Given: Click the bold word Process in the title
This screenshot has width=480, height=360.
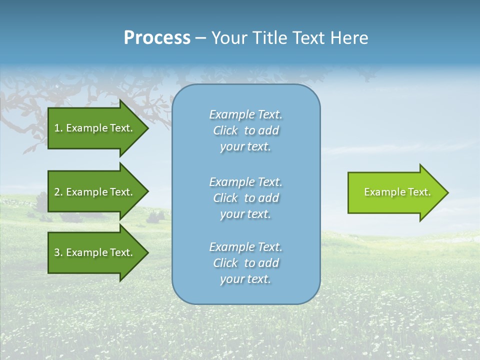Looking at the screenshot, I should pos(157,38).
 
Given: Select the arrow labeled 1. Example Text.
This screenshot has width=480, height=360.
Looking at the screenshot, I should pos(95,128).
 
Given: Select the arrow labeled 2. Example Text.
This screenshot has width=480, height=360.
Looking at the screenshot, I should pos(95,192).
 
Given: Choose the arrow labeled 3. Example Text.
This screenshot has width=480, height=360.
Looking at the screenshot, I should pos(95,252).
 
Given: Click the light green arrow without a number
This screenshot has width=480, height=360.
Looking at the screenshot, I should pos(395,192).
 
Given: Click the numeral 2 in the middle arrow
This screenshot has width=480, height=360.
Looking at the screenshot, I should pos(57,192).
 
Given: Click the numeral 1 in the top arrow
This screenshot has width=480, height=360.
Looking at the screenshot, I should pos(57,128).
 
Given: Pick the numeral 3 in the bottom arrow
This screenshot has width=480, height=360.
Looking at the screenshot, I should pos(57,252).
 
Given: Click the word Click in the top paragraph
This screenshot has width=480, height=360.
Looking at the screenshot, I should pos(225,130).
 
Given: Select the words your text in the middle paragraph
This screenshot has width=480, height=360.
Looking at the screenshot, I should pos(245,214).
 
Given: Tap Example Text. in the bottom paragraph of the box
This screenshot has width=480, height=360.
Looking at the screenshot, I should pos(245,247).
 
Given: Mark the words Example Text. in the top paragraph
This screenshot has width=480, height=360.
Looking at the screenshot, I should pos(245,114).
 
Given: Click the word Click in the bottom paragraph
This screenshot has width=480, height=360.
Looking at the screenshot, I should pos(225,263).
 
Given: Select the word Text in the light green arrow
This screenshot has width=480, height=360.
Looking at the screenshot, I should pos(419,192).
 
